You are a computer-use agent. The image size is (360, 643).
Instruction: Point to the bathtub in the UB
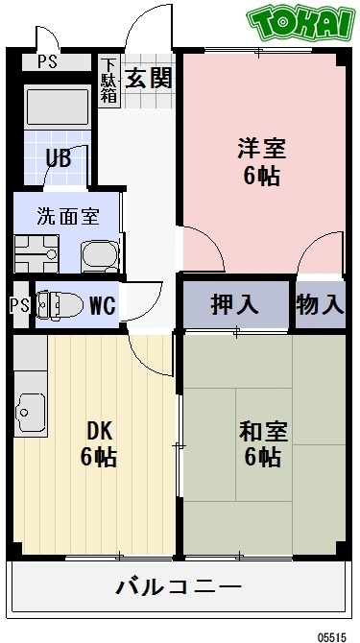[58, 107]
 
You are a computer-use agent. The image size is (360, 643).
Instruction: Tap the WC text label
[103, 307]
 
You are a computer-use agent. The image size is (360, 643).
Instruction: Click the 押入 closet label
[235, 305]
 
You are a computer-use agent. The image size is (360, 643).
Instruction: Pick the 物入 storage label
[320, 305]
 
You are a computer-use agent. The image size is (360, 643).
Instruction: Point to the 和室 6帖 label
[260, 443]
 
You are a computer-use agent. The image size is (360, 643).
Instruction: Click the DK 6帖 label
[98, 443]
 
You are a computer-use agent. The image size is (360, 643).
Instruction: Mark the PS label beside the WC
[18, 307]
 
